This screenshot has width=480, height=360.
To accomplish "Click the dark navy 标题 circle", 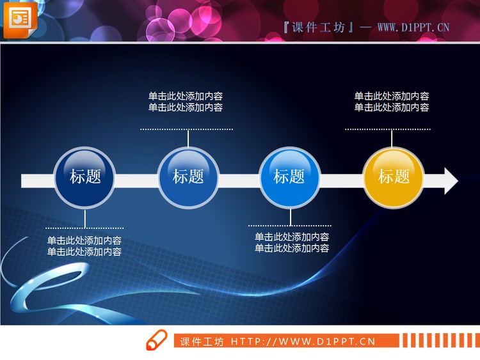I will coord(85,177).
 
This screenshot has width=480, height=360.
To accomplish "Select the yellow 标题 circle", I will coord(394,177).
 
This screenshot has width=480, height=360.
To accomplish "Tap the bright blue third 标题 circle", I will coord(289,177).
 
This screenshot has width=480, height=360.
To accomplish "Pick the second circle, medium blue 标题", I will coord(188,177).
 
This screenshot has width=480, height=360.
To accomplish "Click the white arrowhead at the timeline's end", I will coord(451,181).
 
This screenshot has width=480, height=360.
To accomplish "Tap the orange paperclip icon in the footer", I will coord(156,341).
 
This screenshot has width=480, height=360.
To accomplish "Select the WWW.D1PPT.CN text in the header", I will coord(413,27).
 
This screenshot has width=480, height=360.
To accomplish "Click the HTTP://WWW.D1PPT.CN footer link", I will coord(303,341).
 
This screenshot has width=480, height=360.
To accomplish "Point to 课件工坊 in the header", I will coord(318,27).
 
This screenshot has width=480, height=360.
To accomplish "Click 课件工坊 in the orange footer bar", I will coord(202,341).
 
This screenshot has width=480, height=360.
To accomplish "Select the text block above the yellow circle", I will coord(392,102).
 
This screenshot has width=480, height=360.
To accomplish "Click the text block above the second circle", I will coord(186,102).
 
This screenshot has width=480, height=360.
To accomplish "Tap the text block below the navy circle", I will coord(84,246).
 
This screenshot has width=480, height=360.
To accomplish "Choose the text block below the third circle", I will coord(292,243).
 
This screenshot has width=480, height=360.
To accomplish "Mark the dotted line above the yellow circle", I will coord(392,129).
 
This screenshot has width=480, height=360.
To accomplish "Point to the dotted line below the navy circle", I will coord(84,228).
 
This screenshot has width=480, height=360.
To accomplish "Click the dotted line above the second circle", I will coord(186,129).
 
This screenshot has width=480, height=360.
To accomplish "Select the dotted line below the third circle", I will coord(290,226).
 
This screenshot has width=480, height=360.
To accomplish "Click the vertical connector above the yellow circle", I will coord(392,139).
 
